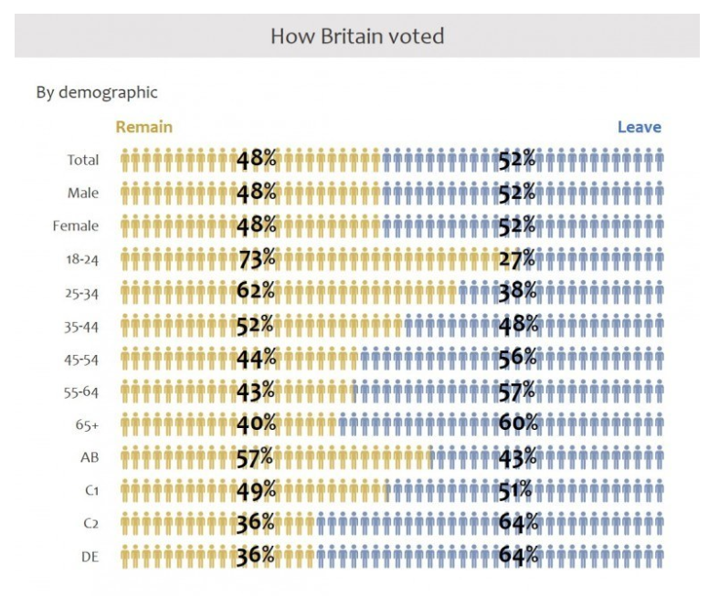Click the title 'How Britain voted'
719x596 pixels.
coord(357,37)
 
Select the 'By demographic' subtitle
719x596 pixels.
coord(97,92)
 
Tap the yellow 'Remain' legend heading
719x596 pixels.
coord(143,127)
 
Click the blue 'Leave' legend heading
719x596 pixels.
coord(639,127)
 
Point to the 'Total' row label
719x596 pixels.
coord(82,161)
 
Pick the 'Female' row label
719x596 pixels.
coord(76,226)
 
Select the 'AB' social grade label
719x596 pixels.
coord(90,458)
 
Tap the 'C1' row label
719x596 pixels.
coord(91,491)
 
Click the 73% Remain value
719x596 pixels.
coord(256,258)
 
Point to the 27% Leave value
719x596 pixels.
coord(516,259)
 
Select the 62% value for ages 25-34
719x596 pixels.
coord(256,292)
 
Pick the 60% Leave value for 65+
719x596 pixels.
coord(518,423)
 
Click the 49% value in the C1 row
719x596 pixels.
coord(256,490)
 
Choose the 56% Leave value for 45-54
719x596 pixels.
coord(517,359)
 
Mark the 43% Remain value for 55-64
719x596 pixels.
coord(256,391)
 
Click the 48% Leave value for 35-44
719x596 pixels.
coord(518,325)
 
